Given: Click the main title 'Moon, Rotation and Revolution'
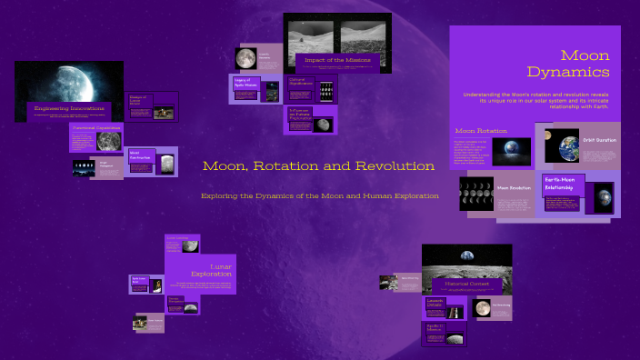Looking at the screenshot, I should click(x=318, y=166).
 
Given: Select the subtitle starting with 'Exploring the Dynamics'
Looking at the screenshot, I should click(x=319, y=195).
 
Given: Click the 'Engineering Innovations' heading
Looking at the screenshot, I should click(x=69, y=108).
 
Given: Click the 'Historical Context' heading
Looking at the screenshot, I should click(x=466, y=284).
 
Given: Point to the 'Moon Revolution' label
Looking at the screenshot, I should click(x=513, y=188).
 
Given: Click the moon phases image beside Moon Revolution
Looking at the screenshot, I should click(x=476, y=195).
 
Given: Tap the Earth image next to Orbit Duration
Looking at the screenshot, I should click(x=562, y=145).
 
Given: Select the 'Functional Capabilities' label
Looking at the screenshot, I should click(x=96, y=128).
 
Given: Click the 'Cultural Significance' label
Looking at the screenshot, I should click(x=303, y=81).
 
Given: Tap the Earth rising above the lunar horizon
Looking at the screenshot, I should click(x=466, y=257).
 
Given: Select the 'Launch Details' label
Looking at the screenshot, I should click(x=435, y=303).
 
